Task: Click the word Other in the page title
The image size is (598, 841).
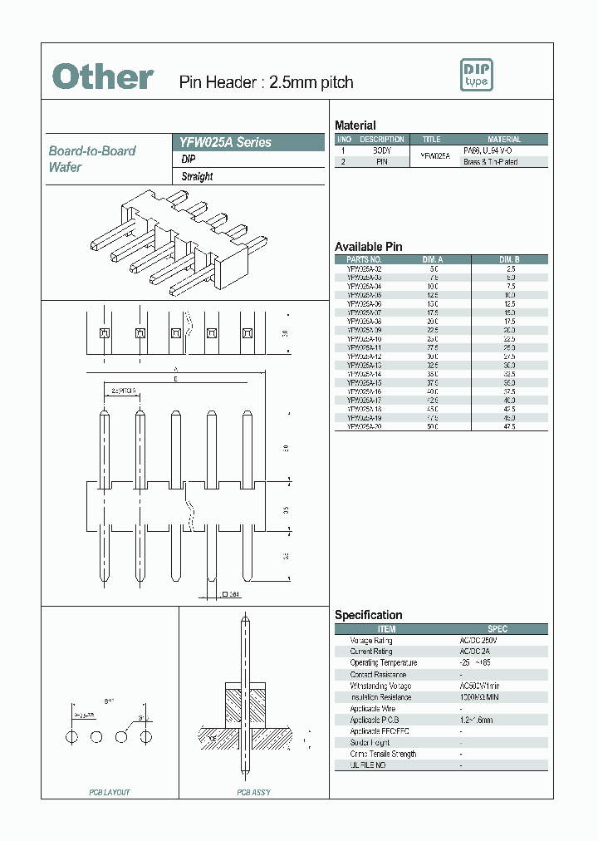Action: click(x=103, y=77)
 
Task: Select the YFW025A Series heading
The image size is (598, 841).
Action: click(x=221, y=142)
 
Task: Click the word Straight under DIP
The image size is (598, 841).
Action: click(x=198, y=176)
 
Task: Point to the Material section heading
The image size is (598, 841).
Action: click(x=355, y=125)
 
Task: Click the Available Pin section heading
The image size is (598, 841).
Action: click(x=368, y=247)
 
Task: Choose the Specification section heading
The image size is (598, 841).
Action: click(x=368, y=615)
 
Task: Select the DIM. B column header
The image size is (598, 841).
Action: click(x=509, y=259)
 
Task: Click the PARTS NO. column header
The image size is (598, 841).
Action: click(x=364, y=259)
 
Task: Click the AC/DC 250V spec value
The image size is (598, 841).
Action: click(x=478, y=641)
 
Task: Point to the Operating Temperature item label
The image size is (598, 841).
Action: click(x=383, y=663)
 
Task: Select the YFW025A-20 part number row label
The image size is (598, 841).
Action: click(x=364, y=425)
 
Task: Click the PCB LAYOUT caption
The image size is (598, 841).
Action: click(x=110, y=792)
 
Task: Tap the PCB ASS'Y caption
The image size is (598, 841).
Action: click(x=253, y=792)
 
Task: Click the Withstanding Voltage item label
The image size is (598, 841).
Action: click(x=380, y=686)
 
